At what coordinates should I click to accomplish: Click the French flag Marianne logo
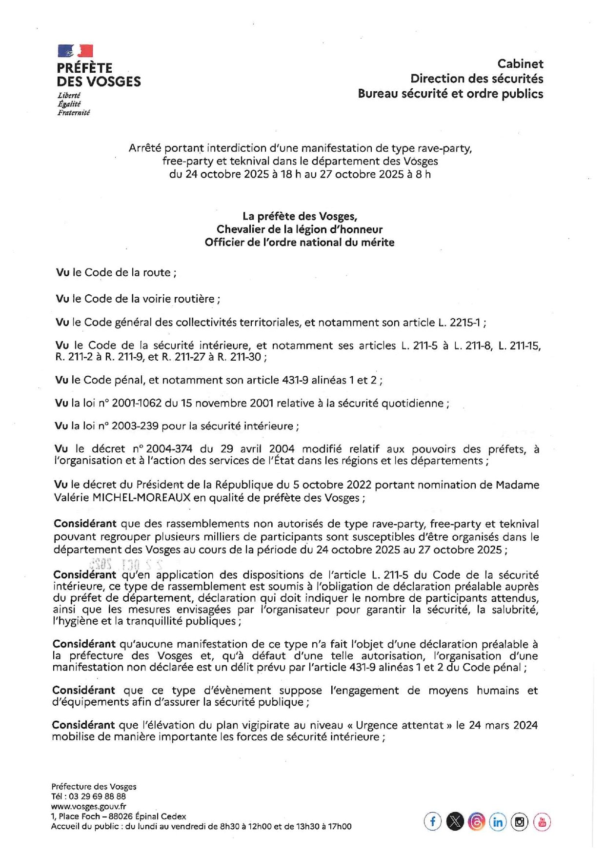tap(75, 51)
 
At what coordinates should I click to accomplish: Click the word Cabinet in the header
tap(520, 63)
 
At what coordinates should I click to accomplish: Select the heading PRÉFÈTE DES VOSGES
tap(99, 75)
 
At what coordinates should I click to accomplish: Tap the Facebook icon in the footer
tap(432, 822)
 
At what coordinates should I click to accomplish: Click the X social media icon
tap(455, 822)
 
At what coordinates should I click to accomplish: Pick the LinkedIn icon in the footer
tap(498, 822)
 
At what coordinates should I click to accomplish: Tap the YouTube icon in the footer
tap(542, 822)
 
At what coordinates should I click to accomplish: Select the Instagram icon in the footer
tap(520, 822)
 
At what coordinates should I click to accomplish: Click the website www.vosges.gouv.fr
tap(88, 807)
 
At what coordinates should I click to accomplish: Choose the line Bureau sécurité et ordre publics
tap(450, 94)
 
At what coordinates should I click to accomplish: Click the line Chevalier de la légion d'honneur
tap(300, 229)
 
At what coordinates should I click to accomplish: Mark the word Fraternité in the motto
tap(74, 113)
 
